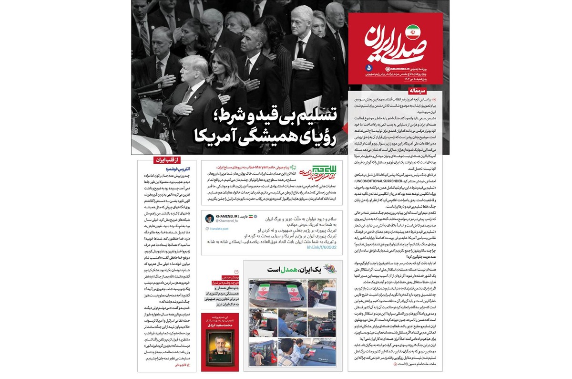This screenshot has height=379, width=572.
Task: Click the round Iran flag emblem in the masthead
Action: pos(413,32)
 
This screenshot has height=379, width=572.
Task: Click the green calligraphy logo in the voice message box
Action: pos(314,171)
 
